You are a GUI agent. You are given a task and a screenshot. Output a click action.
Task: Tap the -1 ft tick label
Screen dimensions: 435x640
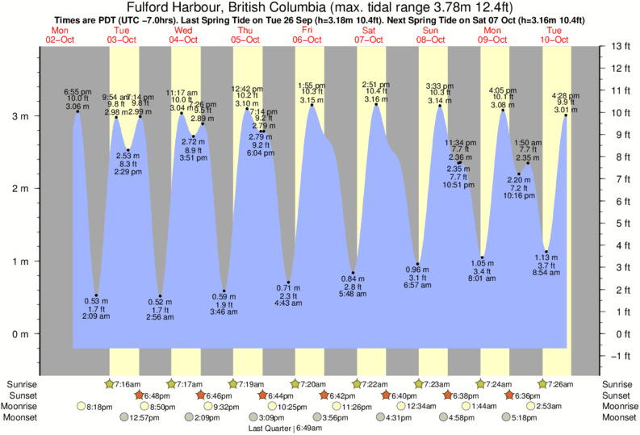click(621, 356)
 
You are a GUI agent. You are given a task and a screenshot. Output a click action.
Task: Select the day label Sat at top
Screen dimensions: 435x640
click(370, 30)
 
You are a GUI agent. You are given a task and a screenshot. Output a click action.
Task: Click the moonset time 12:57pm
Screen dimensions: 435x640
click(146, 418)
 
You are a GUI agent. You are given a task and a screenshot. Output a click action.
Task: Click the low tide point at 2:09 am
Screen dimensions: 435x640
click(96, 295)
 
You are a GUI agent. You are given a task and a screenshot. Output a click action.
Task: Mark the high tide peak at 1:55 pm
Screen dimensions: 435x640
click(311, 106)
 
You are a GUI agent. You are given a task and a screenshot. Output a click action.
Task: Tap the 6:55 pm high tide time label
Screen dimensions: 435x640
click(78, 93)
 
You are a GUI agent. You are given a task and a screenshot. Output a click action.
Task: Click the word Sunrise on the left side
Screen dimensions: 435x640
click(22, 384)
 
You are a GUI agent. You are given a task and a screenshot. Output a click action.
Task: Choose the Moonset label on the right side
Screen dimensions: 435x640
click(617, 418)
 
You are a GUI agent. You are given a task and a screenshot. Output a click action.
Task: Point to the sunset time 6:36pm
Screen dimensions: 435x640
click(529, 395)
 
